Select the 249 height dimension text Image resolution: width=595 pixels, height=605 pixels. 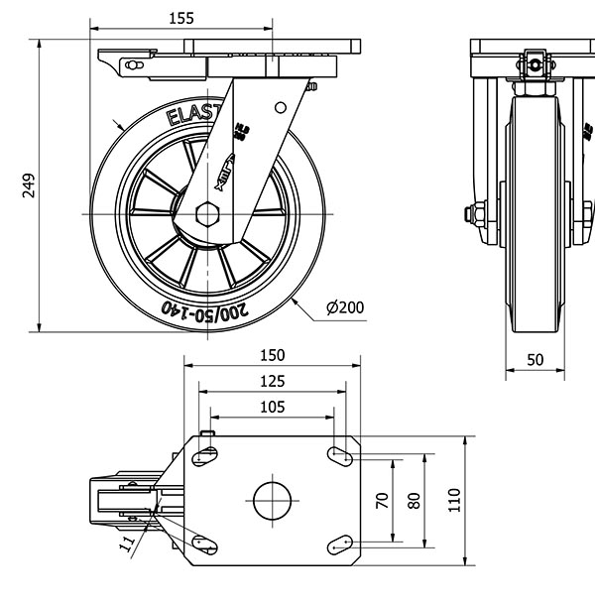coord(29,185)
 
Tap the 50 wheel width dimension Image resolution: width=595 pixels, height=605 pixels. coord(535,360)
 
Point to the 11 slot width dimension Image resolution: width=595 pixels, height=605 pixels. coord(127,543)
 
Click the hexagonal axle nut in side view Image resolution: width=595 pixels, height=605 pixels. coord(208,214)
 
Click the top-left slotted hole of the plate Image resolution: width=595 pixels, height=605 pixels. coord(205,456)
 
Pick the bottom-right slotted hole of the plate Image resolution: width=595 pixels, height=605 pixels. coord(338,542)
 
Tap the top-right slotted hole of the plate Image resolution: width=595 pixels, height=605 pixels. coord(338,456)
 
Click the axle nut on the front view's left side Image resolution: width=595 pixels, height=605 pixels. coord(474,214)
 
